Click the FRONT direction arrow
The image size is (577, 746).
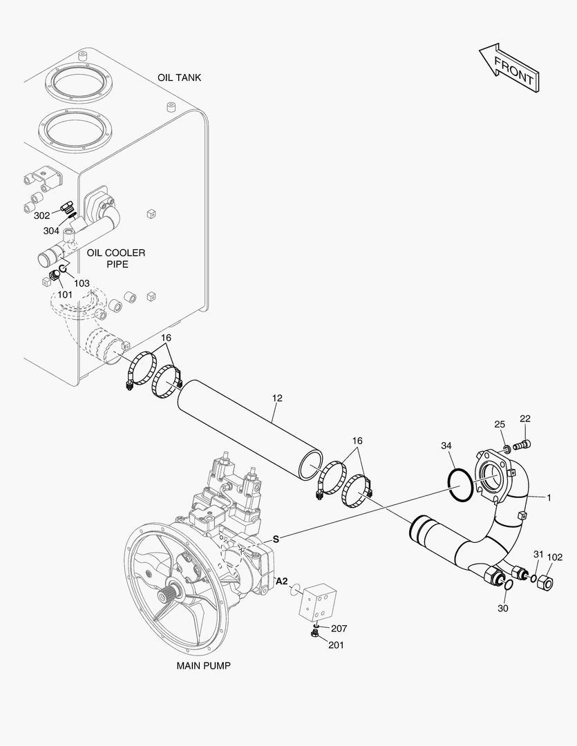509,69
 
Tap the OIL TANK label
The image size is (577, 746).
179,77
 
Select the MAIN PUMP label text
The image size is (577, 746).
203,666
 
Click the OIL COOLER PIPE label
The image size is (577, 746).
116,258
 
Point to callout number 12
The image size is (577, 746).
277,398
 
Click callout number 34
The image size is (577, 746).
446,446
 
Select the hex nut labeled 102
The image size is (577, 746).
545,581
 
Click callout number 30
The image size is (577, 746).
502,608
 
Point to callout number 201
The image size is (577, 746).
336,645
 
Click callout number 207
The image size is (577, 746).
339,629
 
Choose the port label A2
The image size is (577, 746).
282,582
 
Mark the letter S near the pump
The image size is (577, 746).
275,539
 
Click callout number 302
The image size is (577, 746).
42,215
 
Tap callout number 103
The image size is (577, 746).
82,283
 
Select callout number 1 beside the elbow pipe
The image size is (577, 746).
549,497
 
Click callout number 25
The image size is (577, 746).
500,423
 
